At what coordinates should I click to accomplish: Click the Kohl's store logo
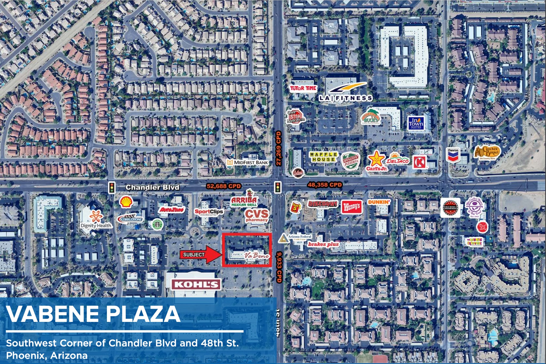click(196, 284)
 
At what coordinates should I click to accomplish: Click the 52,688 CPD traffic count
click(224, 186)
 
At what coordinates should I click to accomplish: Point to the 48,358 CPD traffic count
click(324, 185)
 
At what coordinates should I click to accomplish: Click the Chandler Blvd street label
click(152, 188)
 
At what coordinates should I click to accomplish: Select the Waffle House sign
click(323, 157)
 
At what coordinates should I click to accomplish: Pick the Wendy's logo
click(352, 207)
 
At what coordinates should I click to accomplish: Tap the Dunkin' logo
click(379, 202)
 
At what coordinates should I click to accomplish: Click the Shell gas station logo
click(126, 202)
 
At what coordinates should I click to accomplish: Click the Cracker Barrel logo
click(487, 153)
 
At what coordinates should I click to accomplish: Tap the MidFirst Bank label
click(248, 162)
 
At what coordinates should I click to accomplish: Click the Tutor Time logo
click(303, 88)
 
